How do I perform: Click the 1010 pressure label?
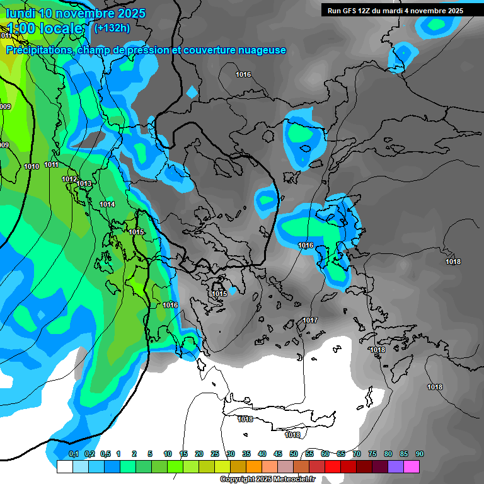pos(32,166)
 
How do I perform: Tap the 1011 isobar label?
pos(52,164)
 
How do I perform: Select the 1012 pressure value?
pos(69,179)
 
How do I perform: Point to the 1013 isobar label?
pos(84,183)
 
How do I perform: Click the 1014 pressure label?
pos(107,204)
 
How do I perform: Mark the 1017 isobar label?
pos(310,320)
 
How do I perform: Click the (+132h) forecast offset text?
pos(112,28)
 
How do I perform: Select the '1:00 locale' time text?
pos(45,28)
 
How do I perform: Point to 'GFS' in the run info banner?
pos(354,11)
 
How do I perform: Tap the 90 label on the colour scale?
pos(420,454)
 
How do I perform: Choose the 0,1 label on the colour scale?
pos(73,454)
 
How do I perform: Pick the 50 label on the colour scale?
pos(294,454)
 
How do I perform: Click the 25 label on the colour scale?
pos(215,454)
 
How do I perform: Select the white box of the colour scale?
pos(64,466)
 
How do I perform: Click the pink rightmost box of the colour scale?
pos(411,466)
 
